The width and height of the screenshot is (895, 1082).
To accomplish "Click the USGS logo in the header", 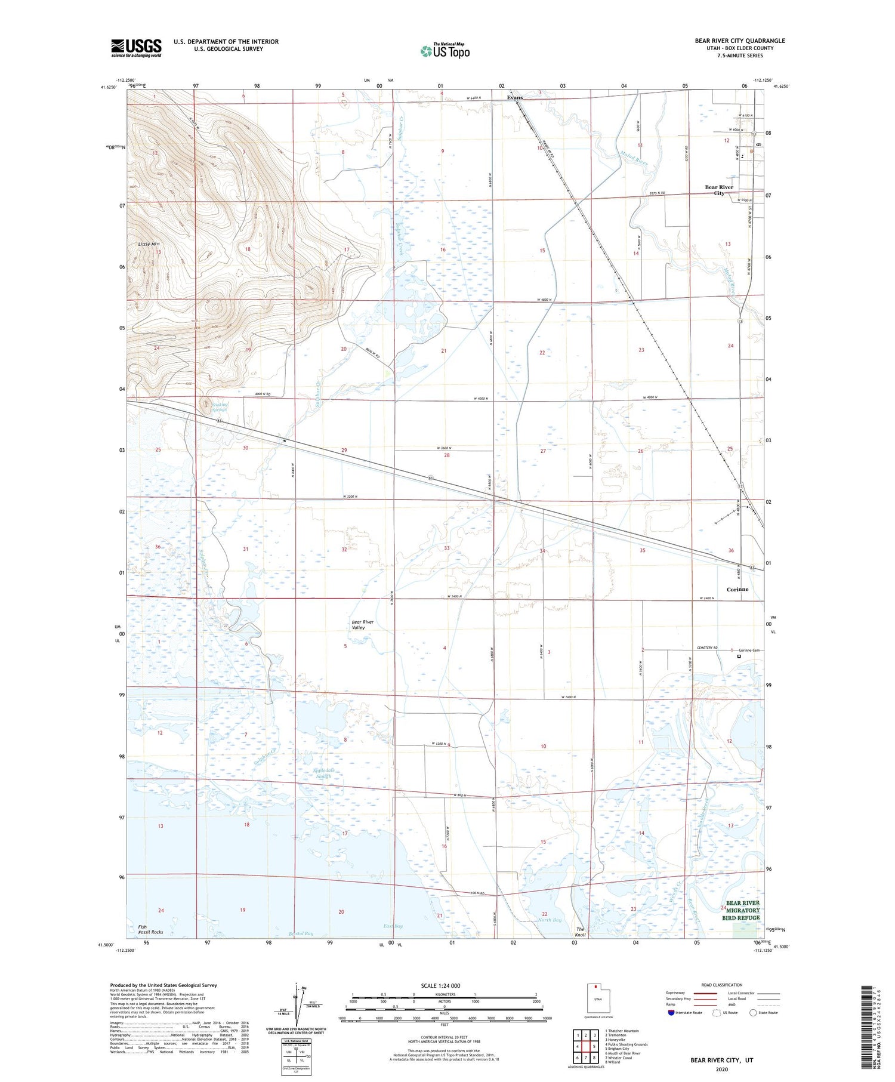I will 136,48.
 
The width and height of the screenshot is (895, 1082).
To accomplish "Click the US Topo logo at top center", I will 445,51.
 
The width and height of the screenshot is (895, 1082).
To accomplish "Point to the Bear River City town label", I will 719,190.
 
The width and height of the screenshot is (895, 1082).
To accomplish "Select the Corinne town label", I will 737,589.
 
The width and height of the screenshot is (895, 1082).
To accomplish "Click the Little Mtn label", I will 149,244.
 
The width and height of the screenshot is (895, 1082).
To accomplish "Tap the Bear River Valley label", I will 363,625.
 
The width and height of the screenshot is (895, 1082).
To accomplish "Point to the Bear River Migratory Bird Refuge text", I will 743,910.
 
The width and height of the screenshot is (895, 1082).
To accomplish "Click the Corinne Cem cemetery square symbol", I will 739,656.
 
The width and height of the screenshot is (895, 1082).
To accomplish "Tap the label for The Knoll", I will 580,932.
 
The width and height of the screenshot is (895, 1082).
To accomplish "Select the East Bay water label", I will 393,926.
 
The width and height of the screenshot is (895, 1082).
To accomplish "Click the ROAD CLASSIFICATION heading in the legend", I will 722,985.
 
